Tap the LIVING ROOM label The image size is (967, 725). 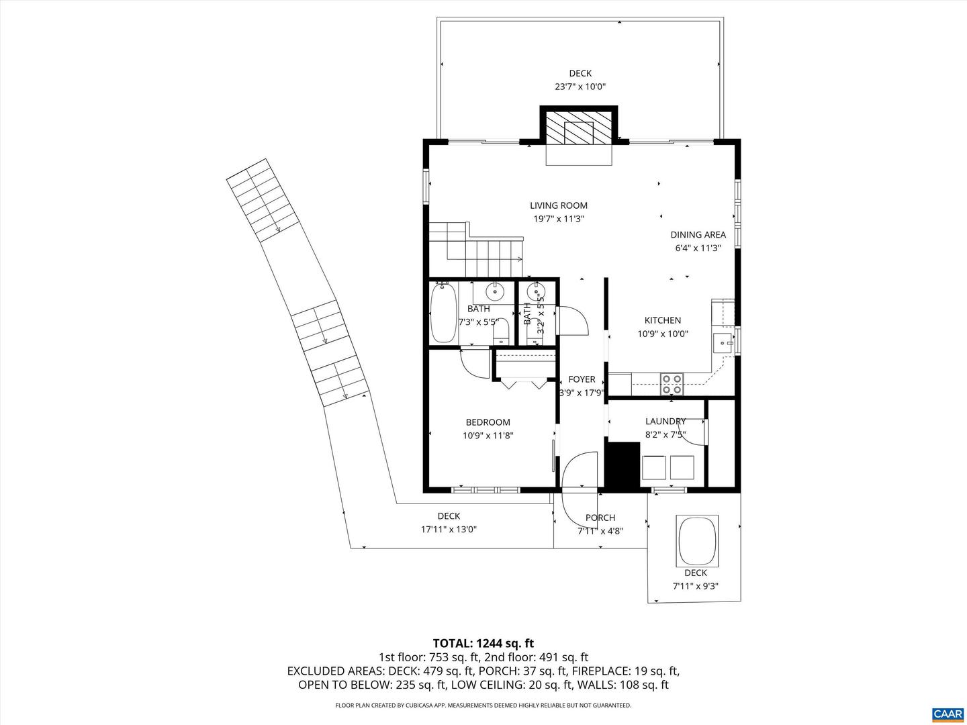[558, 206]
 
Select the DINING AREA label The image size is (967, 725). [698, 235]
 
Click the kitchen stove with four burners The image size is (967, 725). [672, 384]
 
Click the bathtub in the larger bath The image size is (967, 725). [443, 313]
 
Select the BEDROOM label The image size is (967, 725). [488, 422]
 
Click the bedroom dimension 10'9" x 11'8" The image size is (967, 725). [488, 435]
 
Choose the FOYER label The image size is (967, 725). [582, 379]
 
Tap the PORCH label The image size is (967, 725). [600, 518]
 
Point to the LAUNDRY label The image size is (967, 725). [665, 421]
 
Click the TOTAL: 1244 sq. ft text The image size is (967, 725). [483, 643]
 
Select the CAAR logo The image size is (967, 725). [947, 713]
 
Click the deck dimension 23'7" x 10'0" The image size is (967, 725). [580, 87]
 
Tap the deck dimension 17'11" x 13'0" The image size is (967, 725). [449, 529]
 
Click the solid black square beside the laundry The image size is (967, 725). [623, 464]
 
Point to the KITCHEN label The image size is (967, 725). [662, 320]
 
